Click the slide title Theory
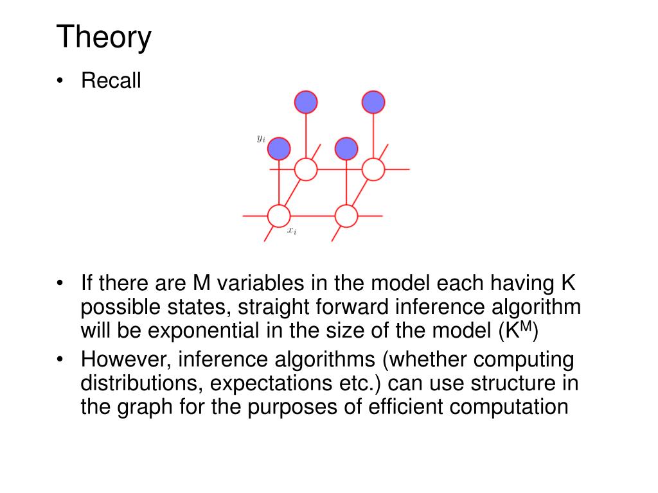click(104, 38)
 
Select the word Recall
click(111, 82)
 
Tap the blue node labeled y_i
click(279, 149)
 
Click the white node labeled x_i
click(279, 216)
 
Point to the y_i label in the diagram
click(261, 138)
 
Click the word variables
click(251, 283)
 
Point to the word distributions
click(137, 384)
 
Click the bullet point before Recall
click(60, 82)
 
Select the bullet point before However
click(60, 360)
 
